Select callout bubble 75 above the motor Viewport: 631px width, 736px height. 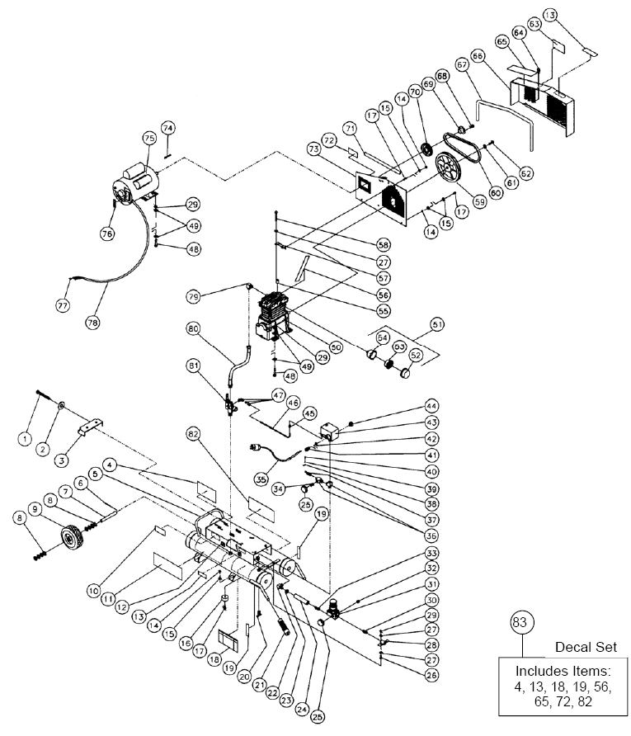pyautogui.click(x=149, y=138)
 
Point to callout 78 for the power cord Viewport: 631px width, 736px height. pyautogui.click(x=92, y=323)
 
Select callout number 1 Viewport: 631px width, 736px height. pyautogui.click(x=26, y=438)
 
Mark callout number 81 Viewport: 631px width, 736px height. pyautogui.click(x=194, y=365)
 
